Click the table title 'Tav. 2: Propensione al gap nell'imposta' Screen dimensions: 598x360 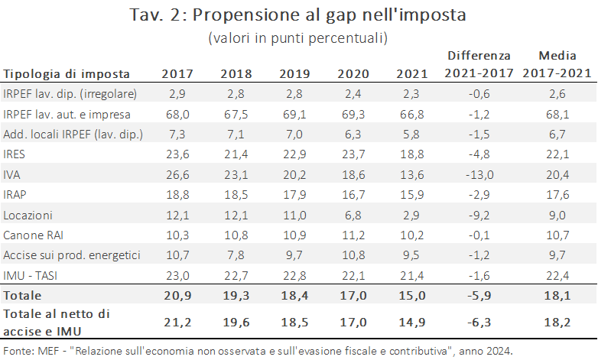click(298, 15)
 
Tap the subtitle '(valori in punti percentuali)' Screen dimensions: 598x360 click(298, 37)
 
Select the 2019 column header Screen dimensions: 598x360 click(294, 73)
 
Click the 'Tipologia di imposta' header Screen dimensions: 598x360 click(67, 74)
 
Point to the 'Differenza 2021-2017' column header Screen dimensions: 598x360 click(479, 64)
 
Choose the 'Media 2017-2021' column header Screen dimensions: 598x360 click(557, 64)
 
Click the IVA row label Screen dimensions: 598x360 click(11, 175)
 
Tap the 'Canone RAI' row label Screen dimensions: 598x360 click(33, 235)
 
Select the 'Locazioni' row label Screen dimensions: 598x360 click(28, 215)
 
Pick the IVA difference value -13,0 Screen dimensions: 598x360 click(479, 175)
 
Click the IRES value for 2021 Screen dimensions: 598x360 click(412, 154)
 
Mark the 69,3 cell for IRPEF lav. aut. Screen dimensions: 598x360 click(353, 115)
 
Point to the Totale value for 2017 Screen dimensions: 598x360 click(177, 296)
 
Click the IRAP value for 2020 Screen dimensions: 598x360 click(353, 195)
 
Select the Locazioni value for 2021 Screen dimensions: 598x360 click(411, 215)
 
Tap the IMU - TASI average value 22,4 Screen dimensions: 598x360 click(557, 275)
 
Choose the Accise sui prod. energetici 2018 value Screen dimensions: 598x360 click(236, 255)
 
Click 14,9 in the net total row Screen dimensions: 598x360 click(412, 323)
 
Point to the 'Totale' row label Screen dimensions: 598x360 click(22, 296)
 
